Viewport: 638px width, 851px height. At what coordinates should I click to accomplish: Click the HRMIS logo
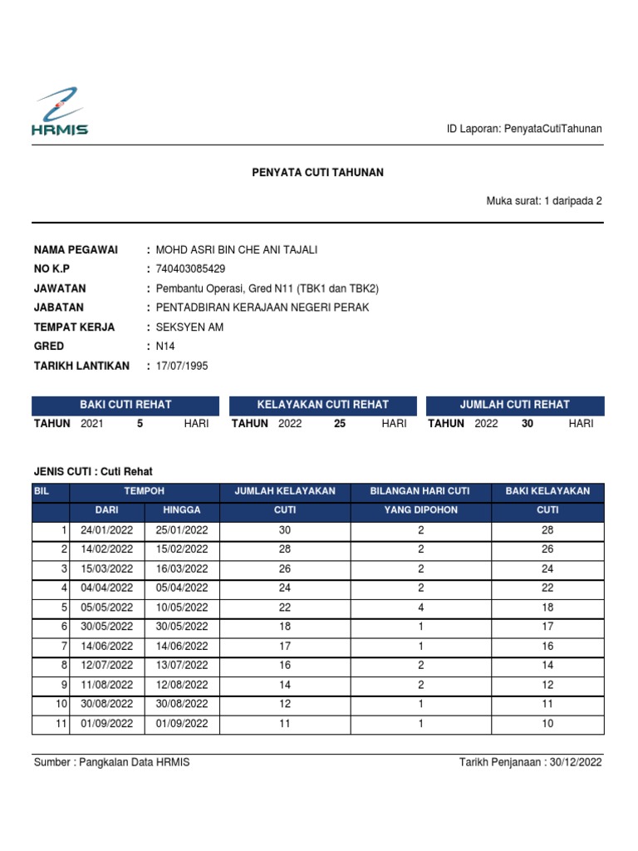(60, 111)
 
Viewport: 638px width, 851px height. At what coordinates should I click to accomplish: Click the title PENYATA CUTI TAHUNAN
(318, 172)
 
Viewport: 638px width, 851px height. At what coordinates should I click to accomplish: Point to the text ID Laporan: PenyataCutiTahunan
(524, 129)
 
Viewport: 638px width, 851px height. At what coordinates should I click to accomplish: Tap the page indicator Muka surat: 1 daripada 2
(544, 200)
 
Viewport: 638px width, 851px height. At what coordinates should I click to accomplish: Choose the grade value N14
(167, 346)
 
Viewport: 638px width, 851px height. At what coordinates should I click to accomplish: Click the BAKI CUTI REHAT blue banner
(125, 405)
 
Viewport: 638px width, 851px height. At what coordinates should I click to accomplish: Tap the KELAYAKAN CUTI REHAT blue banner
(323, 405)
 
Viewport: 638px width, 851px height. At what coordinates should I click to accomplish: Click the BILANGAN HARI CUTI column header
(420, 491)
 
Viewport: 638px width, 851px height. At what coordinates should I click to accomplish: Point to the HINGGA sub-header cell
(182, 510)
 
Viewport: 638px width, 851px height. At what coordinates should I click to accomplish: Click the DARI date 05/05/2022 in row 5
(107, 608)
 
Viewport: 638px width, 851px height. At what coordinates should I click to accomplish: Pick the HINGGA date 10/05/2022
(182, 608)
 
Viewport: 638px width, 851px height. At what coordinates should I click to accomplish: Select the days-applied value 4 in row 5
(421, 608)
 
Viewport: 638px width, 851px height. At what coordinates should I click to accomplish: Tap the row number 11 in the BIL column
(61, 724)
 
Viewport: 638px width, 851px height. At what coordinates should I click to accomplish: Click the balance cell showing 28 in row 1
(547, 530)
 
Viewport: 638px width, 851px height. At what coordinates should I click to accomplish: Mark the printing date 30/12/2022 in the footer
(577, 762)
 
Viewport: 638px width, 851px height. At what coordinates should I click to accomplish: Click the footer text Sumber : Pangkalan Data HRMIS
(111, 762)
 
